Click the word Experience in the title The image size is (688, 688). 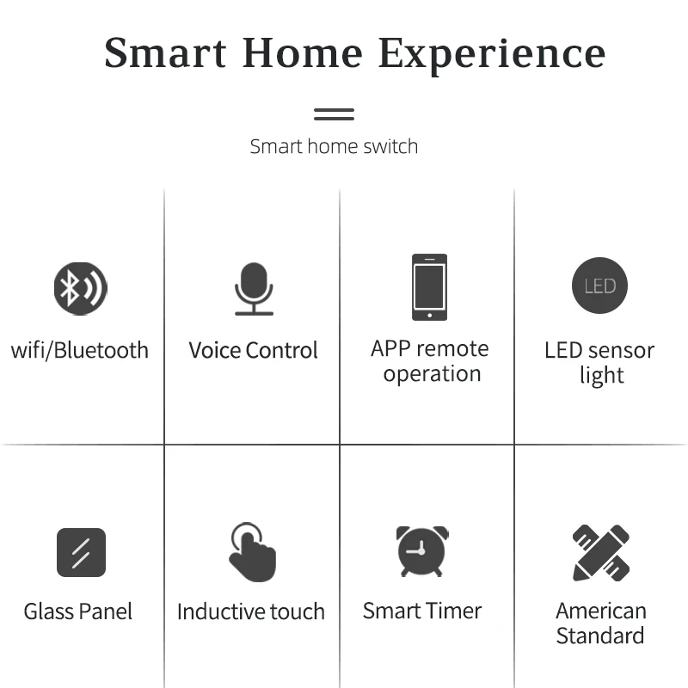coord(492,55)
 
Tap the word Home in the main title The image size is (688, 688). coord(303,52)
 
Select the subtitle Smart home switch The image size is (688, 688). coord(334,146)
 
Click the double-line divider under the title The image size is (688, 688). coord(334,114)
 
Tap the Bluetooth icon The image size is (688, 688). coord(80,288)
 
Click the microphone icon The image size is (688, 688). coord(254,289)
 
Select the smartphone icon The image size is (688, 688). coord(429,287)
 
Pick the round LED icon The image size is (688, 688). coord(599,286)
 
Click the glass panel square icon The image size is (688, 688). coord(81,552)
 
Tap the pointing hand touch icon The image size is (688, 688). coord(253,552)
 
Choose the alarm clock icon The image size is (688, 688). coord(422,551)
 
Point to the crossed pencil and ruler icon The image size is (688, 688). coord(601,553)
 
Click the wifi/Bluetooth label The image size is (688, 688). coord(80,350)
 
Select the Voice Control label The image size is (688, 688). coord(253,350)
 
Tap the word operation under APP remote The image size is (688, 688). coord(433,374)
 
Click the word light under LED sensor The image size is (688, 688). coord(601,376)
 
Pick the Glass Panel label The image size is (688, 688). coord(78,611)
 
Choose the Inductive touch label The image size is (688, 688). coord(251,611)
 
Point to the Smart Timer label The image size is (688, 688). coord(422,611)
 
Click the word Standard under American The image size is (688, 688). coord(600,636)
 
